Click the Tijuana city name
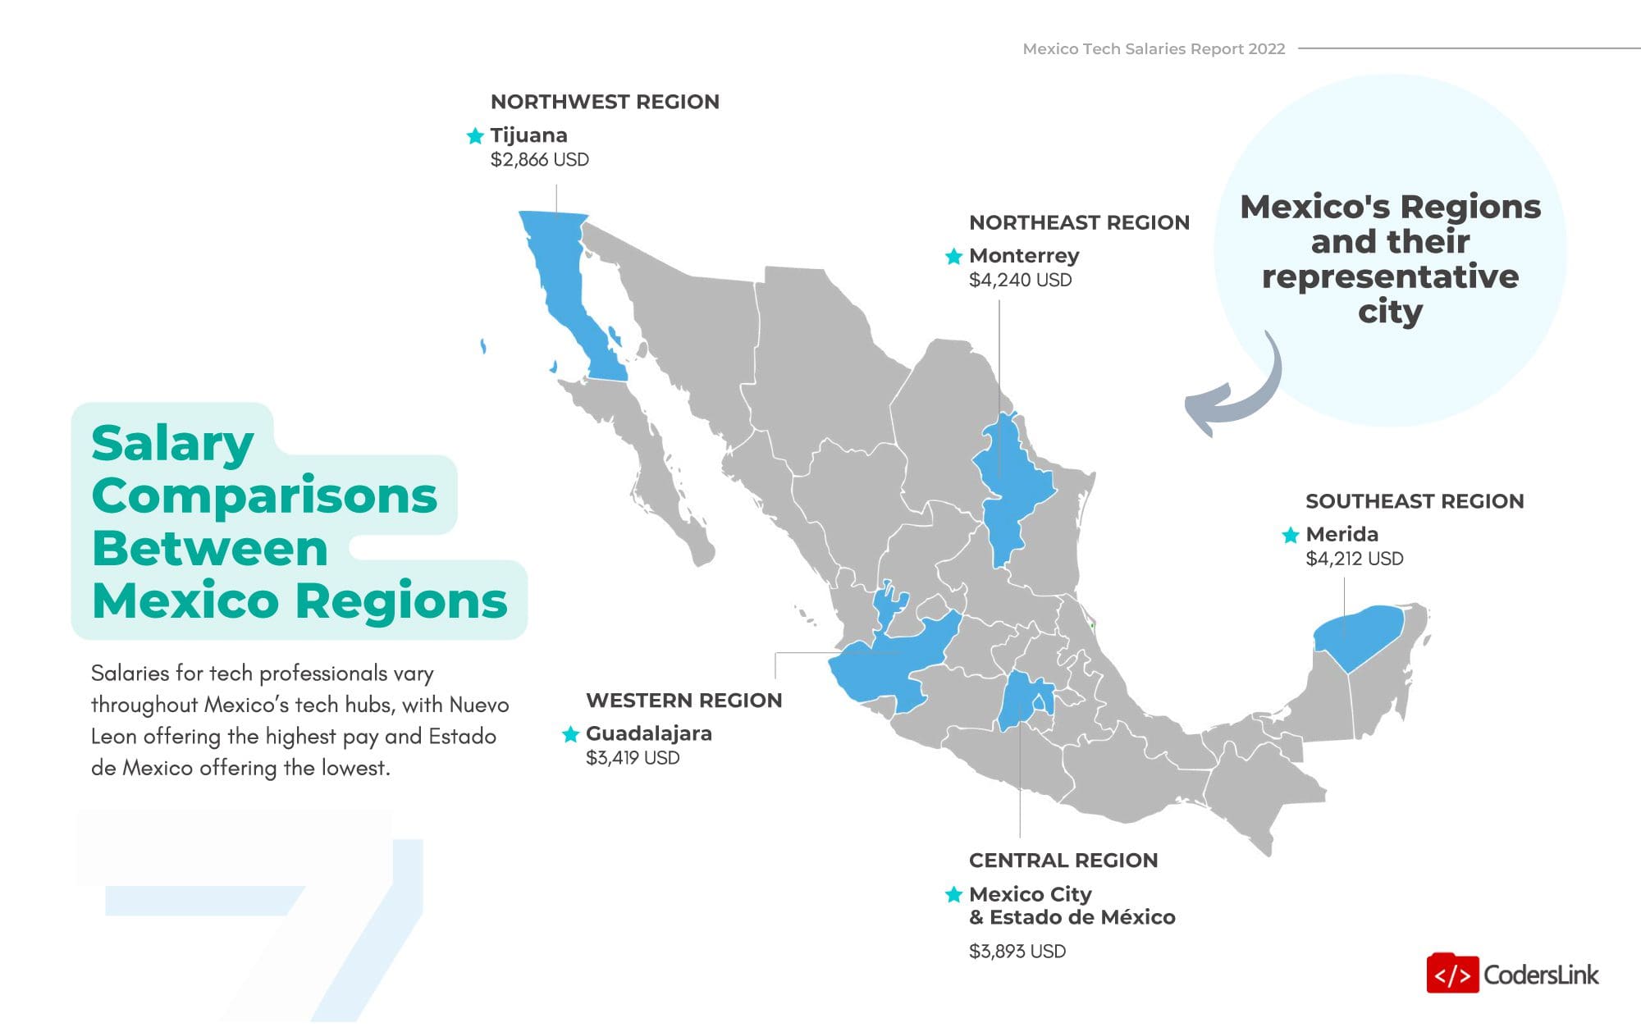click(x=528, y=135)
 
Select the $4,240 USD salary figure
click(x=1020, y=281)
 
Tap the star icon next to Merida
click(x=1290, y=536)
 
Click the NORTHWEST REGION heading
click(x=605, y=102)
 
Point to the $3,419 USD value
click(x=633, y=758)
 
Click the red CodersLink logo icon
click(x=1452, y=975)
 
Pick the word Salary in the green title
click(x=172, y=444)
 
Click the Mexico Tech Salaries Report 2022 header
click(x=1154, y=49)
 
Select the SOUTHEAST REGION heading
click(x=1415, y=501)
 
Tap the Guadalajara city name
click(x=648, y=733)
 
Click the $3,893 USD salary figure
click(x=1017, y=952)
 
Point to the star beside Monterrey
click(x=953, y=257)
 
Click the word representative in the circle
click(x=1390, y=276)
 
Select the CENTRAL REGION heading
click(x=1063, y=861)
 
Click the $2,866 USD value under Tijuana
click(x=539, y=160)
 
